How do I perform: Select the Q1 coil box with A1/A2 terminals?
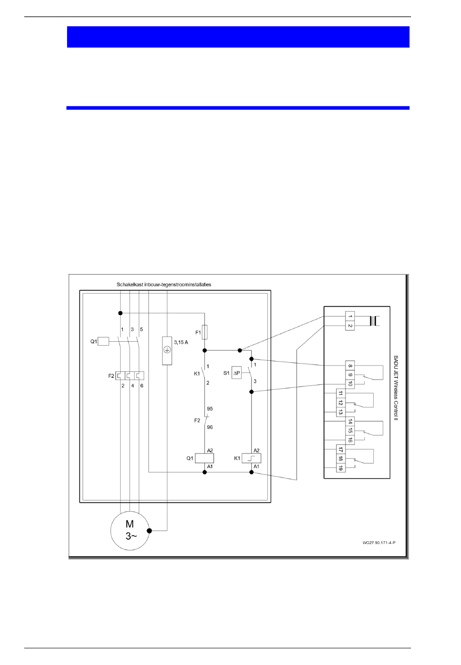[205, 458]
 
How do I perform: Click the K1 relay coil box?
[251, 458]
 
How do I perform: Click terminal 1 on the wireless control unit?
[350, 316]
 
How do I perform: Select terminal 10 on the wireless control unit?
[350, 384]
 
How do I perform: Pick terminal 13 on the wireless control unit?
[341, 412]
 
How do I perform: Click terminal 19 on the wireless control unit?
[341, 468]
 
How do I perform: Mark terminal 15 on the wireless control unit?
[350, 431]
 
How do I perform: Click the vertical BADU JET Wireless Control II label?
[395, 388]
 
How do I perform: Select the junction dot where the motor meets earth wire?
[149, 531]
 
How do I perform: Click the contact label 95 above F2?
[210, 409]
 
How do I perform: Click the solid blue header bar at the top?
[238, 37]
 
